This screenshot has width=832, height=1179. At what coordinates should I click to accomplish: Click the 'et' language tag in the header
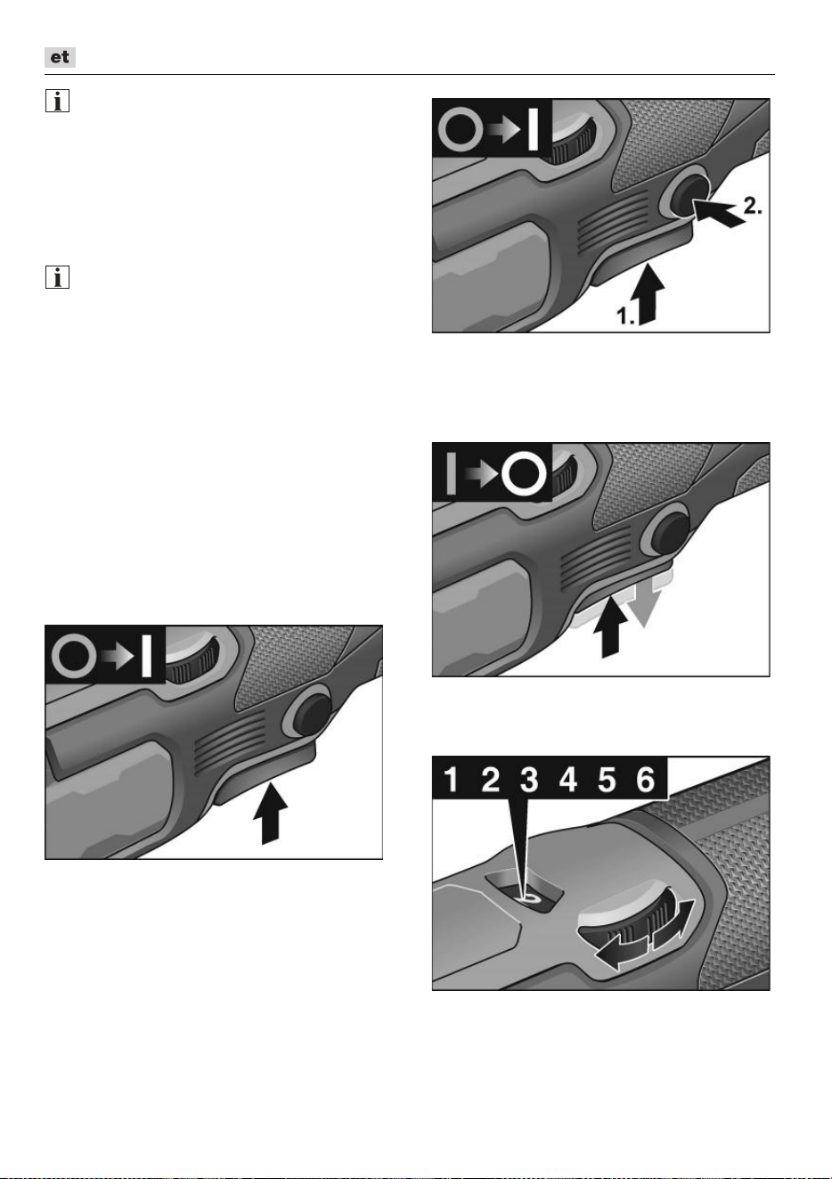pyautogui.click(x=60, y=57)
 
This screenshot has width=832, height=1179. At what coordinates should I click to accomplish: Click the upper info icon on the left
pyautogui.click(x=57, y=101)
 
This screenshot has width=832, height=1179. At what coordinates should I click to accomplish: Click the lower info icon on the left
pyautogui.click(x=57, y=277)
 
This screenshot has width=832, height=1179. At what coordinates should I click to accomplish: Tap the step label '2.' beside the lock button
pyautogui.click(x=753, y=206)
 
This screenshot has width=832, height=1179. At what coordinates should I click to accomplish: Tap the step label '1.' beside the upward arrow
pyautogui.click(x=626, y=315)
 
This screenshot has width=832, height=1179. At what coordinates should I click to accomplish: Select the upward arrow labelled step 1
pyautogui.click(x=650, y=294)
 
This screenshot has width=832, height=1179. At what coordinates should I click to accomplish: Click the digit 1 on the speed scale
pyautogui.click(x=451, y=780)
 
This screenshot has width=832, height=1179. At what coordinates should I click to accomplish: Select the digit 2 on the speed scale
pyautogui.click(x=490, y=780)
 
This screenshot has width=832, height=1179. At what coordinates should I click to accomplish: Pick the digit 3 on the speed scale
pyautogui.click(x=529, y=780)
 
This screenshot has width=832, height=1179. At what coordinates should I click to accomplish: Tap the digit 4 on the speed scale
pyautogui.click(x=567, y=780)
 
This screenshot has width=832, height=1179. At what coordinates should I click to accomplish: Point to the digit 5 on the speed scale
pyautogui.click(x=607, y=780)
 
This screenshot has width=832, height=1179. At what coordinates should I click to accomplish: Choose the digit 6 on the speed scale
pyautogui.click(x=646, y=780)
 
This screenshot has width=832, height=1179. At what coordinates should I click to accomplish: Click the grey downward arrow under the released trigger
pyautogui.click(x=644, y=604)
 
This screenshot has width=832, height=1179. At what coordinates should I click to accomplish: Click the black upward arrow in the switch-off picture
pyautogui.click(x=610, y=626)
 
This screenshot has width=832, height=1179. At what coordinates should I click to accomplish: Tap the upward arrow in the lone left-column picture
pyautogui.click(x=271, y=814)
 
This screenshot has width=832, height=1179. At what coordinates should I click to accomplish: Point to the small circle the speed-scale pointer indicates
pyautogui.click(x=529, y=898)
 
